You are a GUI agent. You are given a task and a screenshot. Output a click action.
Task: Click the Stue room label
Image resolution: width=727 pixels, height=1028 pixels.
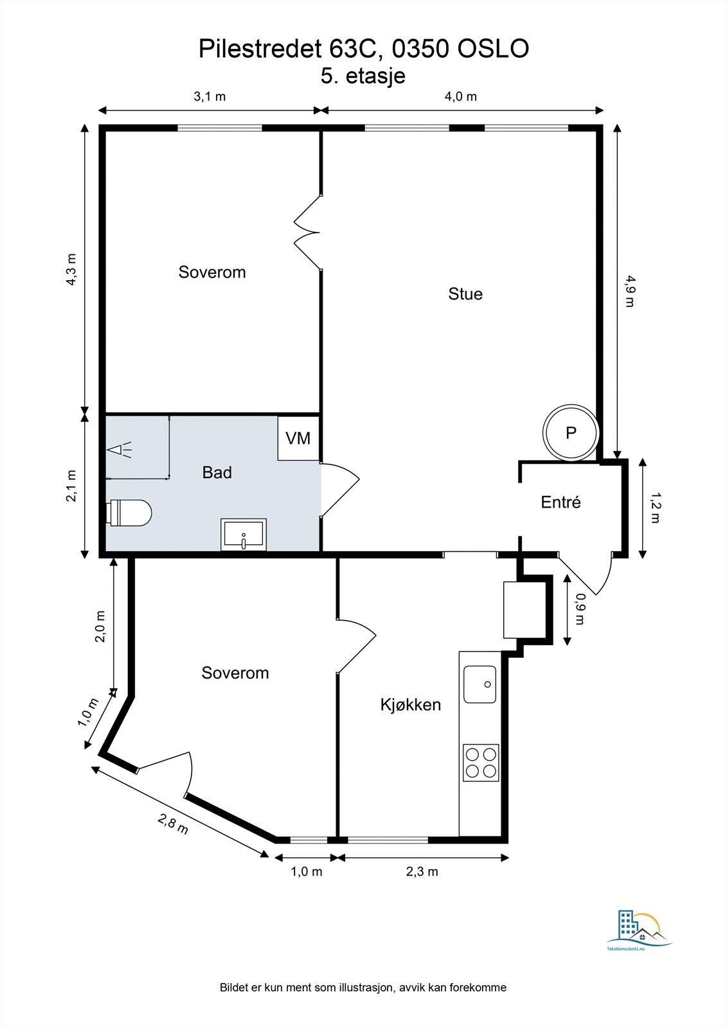coord(465,294)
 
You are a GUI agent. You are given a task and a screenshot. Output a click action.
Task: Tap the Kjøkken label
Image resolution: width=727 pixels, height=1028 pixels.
coord(411,704)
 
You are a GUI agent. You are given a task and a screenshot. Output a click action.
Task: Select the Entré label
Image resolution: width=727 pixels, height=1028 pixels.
coord(561,502)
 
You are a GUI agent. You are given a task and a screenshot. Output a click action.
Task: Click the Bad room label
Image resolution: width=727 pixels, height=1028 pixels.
coord(217,473)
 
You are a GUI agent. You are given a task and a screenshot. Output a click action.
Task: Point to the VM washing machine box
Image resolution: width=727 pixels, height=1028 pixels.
coord(298,438)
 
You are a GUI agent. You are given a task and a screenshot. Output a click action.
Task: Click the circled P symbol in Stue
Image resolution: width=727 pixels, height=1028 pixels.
coord(571,432)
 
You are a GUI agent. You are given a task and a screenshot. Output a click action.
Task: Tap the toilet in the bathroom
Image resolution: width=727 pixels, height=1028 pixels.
coord(129,513)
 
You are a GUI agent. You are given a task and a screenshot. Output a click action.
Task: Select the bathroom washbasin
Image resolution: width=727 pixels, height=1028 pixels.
coord(244,535)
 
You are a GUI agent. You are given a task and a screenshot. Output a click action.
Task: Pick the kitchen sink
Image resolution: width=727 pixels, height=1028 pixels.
coord(480,684)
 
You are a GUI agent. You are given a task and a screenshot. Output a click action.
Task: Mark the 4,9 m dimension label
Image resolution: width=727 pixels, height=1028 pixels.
coord(629,291)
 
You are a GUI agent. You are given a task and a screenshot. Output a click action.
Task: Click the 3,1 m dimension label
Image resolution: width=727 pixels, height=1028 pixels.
coord(210,96)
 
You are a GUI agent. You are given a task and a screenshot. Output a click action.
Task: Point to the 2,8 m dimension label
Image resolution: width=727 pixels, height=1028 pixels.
coord(173,823)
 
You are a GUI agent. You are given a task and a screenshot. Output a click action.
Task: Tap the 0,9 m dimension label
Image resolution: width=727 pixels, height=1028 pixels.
coord(580,609)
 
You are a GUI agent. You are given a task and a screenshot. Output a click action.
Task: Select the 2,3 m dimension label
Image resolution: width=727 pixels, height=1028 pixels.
coord(422,871)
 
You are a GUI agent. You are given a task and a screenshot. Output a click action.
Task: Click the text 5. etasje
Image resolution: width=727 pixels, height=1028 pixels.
coord(363,76)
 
